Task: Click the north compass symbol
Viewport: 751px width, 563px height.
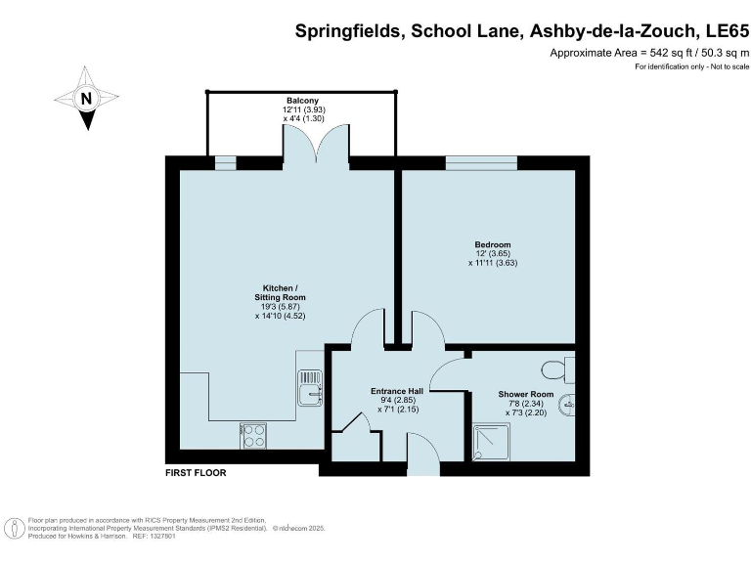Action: point(86,98)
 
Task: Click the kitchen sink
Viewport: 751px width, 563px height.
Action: point(310,386)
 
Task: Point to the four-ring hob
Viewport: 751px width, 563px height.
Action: point(253,435)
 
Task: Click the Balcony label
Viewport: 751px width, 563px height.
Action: point(300,102)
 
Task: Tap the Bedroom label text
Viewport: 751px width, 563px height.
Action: point(493,245)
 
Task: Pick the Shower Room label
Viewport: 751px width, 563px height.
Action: point(525,395)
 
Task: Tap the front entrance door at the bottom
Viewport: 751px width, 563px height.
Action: point(421,459)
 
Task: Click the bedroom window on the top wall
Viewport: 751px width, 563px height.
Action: point(481,162)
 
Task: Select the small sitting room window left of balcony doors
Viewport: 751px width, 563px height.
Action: point(226,162)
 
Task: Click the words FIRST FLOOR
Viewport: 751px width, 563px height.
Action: point(196,473)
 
